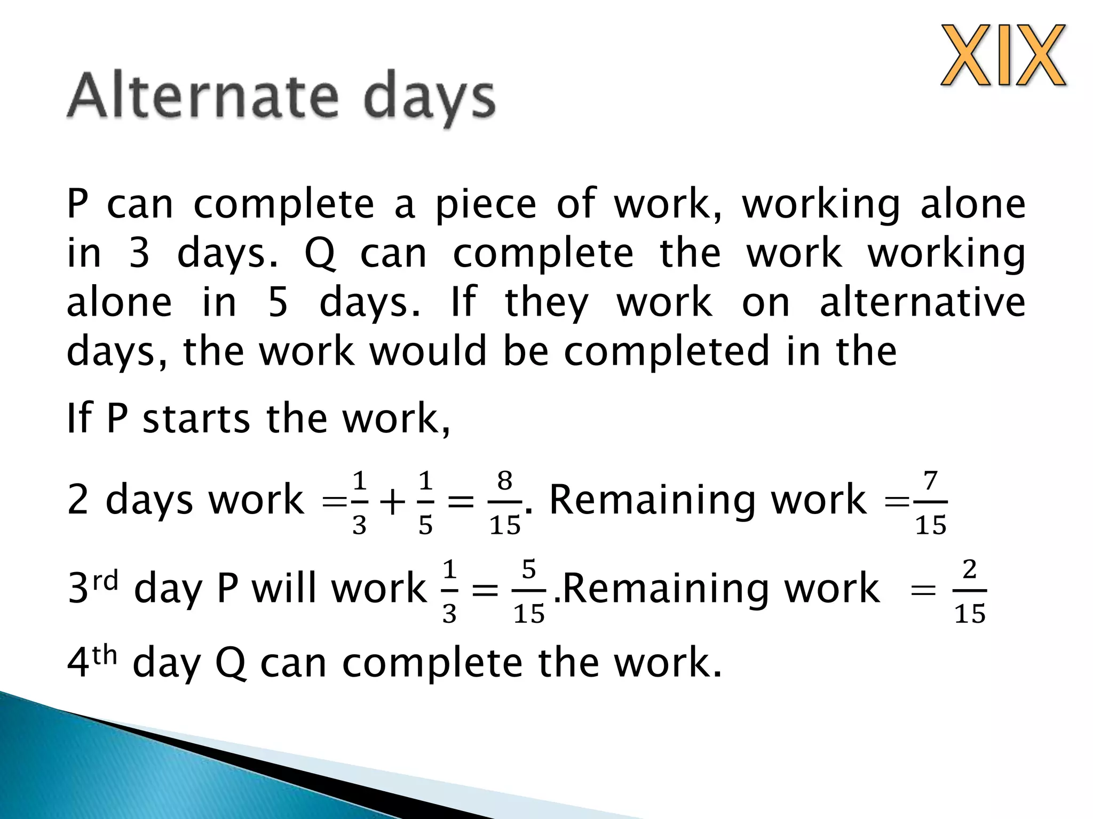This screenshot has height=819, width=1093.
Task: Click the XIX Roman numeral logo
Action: tap(1003, 55)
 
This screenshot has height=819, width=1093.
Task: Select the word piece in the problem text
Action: tap(485, 205)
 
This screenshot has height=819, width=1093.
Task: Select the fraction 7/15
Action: tap(930, 502)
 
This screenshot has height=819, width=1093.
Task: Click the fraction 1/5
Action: tap(425, 502)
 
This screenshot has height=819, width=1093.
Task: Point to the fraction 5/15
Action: tap(528, 591)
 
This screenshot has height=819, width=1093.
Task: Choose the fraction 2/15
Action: tap(969, 591)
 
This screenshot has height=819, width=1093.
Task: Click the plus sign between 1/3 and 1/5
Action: tap(392, 503)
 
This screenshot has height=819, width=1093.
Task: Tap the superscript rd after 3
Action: tap(105, 580)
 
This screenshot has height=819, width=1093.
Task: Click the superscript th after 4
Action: tap(105, 655)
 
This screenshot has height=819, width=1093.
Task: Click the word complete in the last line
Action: tap(432, 663)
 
